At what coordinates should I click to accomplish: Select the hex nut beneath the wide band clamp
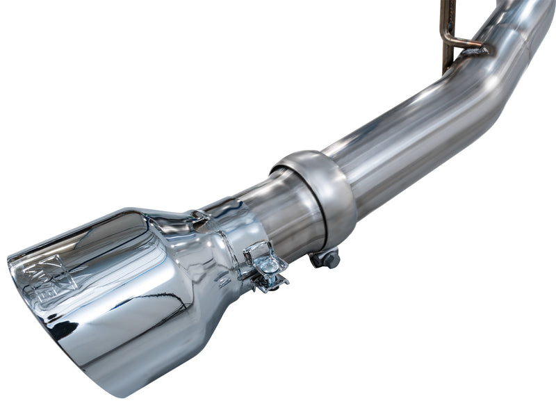[327, 259]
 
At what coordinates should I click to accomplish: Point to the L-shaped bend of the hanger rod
[448, 42]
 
